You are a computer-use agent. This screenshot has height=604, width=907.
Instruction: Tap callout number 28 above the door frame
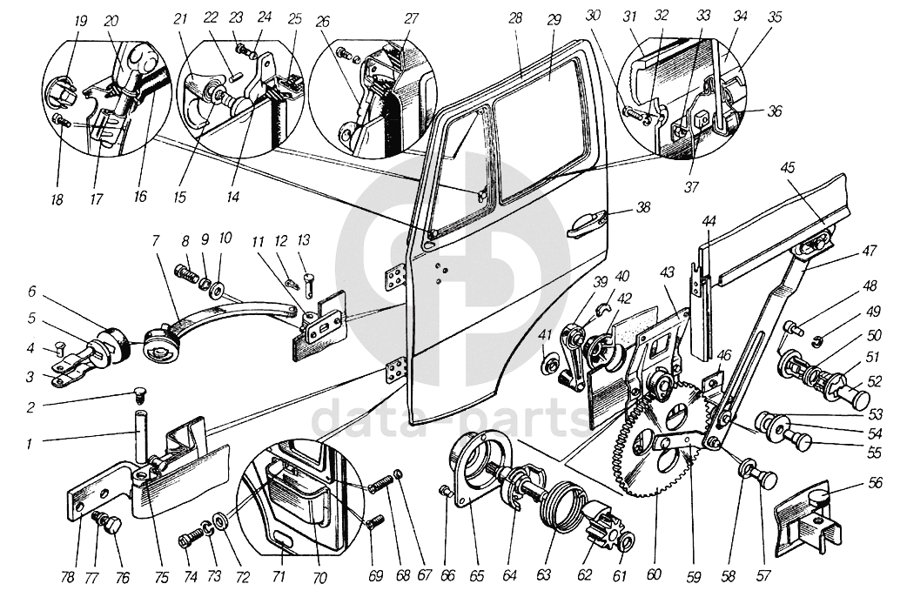[x=515, y=17]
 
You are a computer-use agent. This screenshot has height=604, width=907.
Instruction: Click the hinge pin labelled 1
[x=139, y=433]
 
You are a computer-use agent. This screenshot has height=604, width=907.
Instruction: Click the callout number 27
[x=411, y=17]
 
